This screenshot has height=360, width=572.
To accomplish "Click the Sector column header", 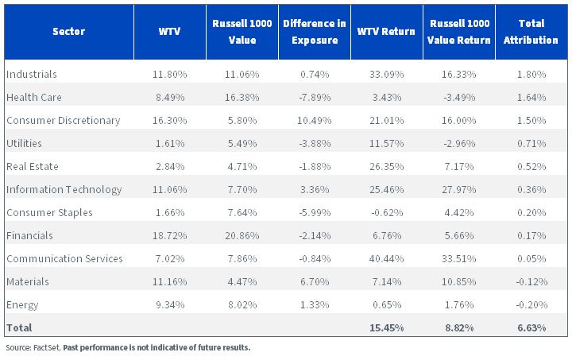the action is pyautogui.click(x=68, y=31).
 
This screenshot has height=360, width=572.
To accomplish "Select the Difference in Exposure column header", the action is pyautogui.click(x=315, y=31).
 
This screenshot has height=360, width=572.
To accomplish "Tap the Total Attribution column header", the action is pyautogui.click(x=531, y=31).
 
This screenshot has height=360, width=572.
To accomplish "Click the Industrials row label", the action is pyautogui.click(x=32, y=74).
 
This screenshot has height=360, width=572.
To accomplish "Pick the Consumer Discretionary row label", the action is pyautogui.click(x=64, y=120).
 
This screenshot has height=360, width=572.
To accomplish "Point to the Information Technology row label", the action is pyautogui.click(x=64, y=190).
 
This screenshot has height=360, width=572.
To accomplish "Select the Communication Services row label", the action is pyautogui.click(x=64, y=258).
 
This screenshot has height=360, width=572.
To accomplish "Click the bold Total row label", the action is pyautogui.click(x=19, y=327).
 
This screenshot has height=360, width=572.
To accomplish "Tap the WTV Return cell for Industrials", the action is pyautogui.click(x=386, y=75).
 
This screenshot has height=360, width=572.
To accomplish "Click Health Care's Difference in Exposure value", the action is pyautogui.click(x=315, y=98).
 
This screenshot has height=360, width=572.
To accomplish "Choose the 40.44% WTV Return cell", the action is pyautogui.click(x=386, y=258).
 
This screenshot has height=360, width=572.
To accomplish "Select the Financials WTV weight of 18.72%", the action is pyautogui.click(x=170, y=235).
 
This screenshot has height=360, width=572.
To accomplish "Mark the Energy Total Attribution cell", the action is pyautogui.click(x=531, y=304).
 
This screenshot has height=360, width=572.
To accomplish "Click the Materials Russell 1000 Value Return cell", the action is pyautogui.click(x=459, y=281).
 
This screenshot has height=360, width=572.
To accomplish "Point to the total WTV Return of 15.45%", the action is pyautogui.click(x=386, y=328).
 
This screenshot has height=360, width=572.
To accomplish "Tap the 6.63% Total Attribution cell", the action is pyautogui.click(x=531, y=328).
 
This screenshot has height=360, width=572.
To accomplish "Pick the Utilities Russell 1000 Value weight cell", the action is pyautogui.click(x=242, y=143).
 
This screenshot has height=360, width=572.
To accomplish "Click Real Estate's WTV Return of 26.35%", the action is pyautogui.click(x=386, y=166).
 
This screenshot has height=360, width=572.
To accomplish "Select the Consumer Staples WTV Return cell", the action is pyautogui.click(x=387, y=213).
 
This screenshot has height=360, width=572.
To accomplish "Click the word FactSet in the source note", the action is pyautogui.click(x=47, y=347).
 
